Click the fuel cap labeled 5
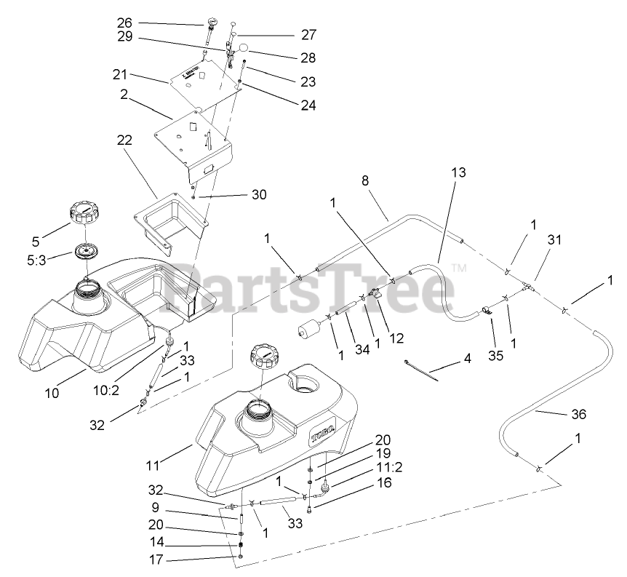pos(85,215)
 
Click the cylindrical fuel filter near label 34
pos(309,329)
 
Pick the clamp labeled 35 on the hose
pos(485,312)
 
